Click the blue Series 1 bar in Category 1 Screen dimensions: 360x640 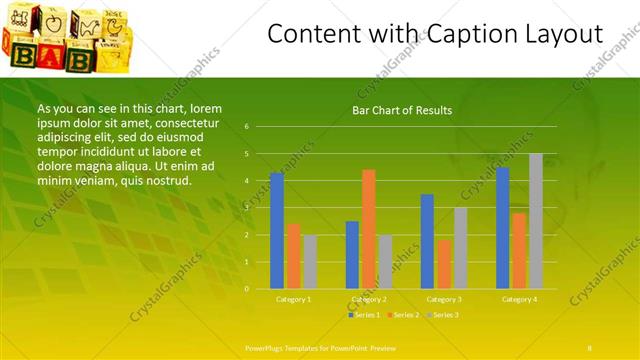277,231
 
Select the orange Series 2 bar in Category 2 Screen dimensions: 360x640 368,229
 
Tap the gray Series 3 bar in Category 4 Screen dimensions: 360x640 536,221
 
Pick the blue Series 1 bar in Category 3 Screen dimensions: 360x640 427,241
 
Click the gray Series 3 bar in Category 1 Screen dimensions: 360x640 310,262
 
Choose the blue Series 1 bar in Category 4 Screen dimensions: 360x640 503,228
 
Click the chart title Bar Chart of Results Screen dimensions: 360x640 402,110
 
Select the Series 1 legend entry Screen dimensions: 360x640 364,315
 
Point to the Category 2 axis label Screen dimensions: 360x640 369,299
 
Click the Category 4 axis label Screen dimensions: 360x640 520,299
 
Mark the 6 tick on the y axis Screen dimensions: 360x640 247,127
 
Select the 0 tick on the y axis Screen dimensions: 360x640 247,289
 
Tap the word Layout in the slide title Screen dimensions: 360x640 565,34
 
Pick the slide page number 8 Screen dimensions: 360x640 589,347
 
